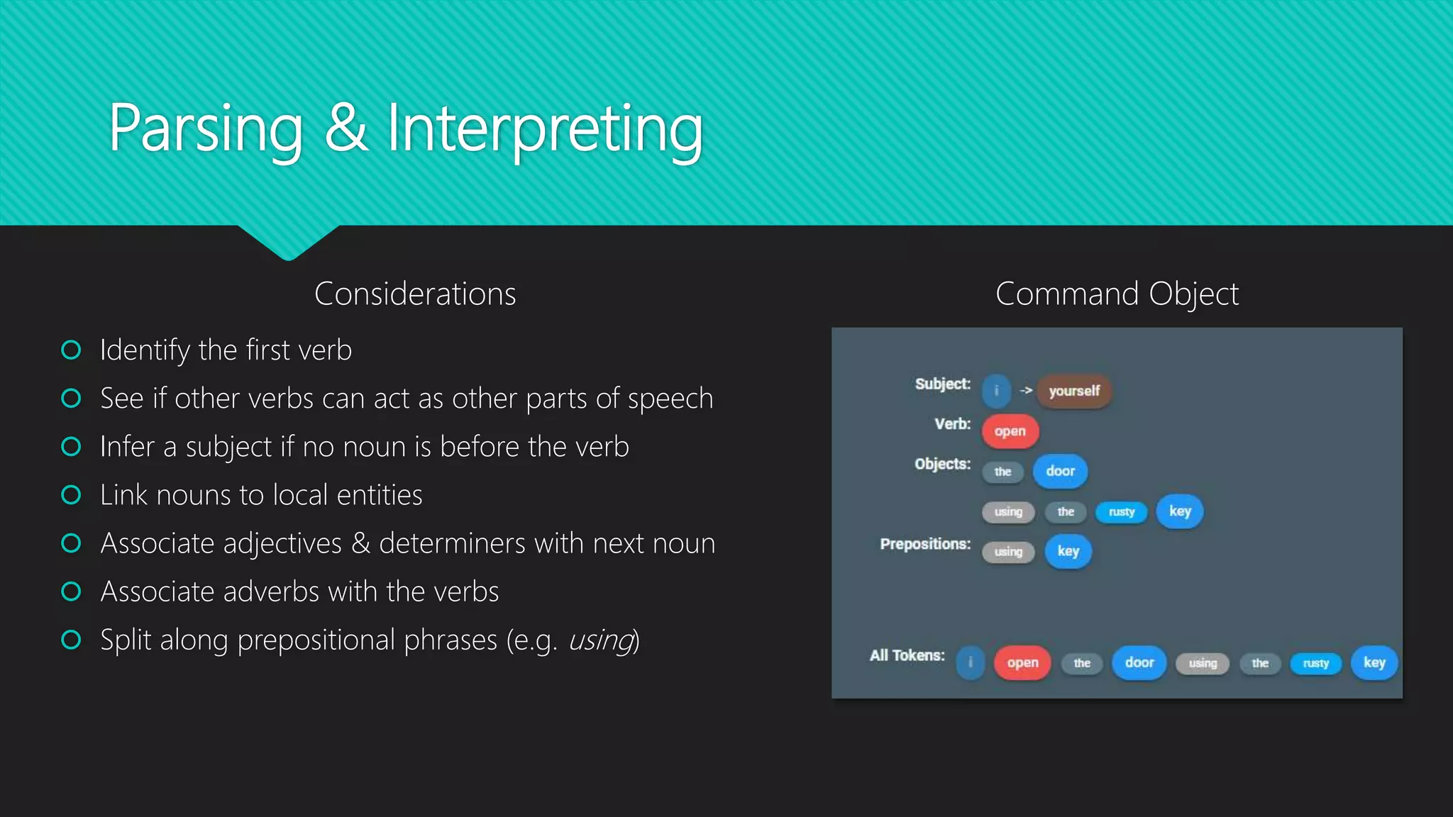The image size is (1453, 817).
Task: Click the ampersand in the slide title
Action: [347, 128]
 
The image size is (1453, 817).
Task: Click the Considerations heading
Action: [415, 294]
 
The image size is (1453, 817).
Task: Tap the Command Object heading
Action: [1117, 294]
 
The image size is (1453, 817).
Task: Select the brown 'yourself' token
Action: [1073, 391]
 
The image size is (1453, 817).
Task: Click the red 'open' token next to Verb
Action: [1010, 431]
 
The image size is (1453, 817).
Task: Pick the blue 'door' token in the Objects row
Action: [1060, 472]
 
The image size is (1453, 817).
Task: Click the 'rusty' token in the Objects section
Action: [1121, 512]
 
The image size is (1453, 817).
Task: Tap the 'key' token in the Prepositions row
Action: [1068, 552]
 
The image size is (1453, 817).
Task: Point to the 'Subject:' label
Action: [942, 384]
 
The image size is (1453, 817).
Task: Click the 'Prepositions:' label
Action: [925, 544]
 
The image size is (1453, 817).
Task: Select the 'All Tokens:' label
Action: [907, 655]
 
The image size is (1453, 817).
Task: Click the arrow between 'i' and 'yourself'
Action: [1026, 390]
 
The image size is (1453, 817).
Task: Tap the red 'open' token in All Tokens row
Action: [1022, 663]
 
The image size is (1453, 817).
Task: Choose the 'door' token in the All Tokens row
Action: [1139, 663]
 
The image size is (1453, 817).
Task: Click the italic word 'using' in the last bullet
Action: [600, 640]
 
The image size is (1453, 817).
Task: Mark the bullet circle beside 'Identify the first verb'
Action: [71, 350]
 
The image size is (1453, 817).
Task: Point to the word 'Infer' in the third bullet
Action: [127, 447]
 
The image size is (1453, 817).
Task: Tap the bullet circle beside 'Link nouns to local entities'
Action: [71, 494]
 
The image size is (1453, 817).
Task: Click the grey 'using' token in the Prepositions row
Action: [1008, 552]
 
